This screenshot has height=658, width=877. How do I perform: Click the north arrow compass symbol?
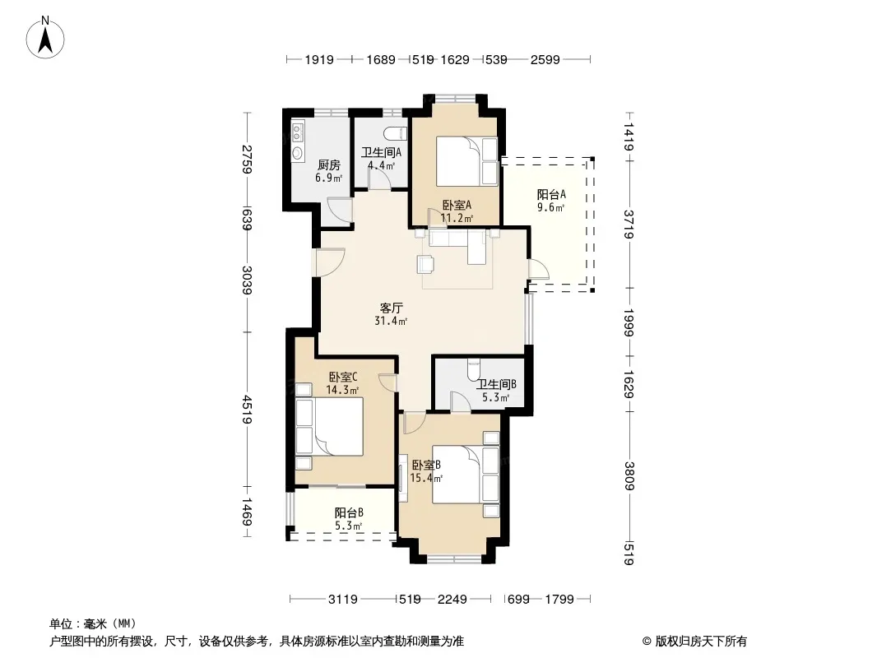tap(45, 38)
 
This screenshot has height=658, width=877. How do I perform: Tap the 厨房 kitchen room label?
tap(329, 165)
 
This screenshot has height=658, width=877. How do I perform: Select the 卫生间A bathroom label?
tap(381, 152)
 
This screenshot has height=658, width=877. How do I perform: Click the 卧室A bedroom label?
tap(457, 205)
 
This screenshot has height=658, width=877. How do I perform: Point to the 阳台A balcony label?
tap(551, 195)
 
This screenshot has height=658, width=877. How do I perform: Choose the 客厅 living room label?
tap(392, 308)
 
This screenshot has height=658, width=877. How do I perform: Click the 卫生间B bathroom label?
tap(496, 385)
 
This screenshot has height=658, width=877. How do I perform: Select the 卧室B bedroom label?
tap(426, 466)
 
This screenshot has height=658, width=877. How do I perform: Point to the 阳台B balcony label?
tap(350, 512)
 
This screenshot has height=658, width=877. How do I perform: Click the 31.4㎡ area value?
tap(391, 321)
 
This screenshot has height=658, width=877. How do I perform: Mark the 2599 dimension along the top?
tap(545, 59)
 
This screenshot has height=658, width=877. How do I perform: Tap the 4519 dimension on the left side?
tap(247, 410)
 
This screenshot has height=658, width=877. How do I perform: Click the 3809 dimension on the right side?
tap(629, 475)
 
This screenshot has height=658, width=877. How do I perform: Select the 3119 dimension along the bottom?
tap(343, 600)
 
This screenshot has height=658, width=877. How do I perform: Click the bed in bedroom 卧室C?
tap(329, 426)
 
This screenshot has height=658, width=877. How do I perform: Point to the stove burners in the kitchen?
tap(297, 133)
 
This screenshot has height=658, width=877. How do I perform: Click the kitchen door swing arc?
tap(338, 211)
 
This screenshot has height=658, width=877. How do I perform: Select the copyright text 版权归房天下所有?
tap(701, 642)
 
